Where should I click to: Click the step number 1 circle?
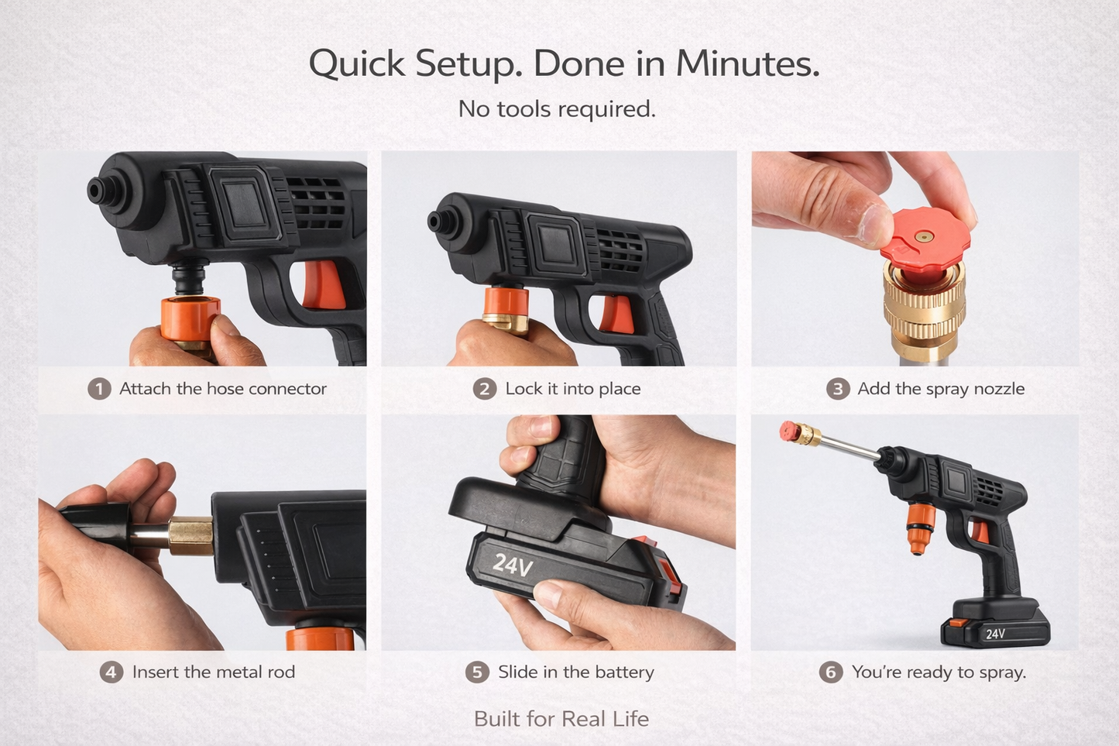tap(99, 388)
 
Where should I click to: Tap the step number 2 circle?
tap(485, 388)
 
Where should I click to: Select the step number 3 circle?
tap(837, 388)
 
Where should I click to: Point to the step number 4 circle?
tap(112, 672)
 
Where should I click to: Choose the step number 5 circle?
tap(477, 672)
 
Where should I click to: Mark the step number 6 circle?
tap(831, 672)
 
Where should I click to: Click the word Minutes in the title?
tap(747, 63)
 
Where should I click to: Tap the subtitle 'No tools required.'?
tap(557, 108)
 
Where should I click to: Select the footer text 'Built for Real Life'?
tap(561, 719)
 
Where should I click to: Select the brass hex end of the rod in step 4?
tap(191, 535)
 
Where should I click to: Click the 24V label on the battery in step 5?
tap(513, 564)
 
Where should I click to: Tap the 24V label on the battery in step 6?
tap(995, 634)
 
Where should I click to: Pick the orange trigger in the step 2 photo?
tap(616, 315)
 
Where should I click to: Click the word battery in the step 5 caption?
tap(625, 672)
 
